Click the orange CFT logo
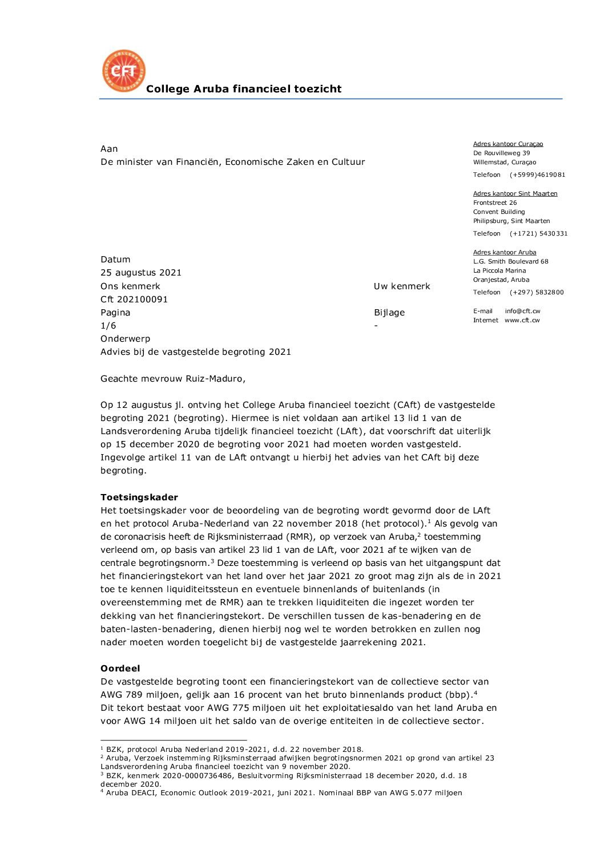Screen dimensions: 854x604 pyautogui.click(x=123, y=71)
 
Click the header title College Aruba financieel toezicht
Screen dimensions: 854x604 pyautogui.click(x=244, y=89)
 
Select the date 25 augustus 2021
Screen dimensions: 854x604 pyautogui.click(x=141, y=273)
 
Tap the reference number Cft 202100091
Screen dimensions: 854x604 pyautogui.click(x=134, y=299)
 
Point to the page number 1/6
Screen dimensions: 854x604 pyautogui.click(x=108, y=326)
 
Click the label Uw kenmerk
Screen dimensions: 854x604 pyautogui.click(x=402, y=286)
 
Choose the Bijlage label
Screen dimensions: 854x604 pyautogui.click(x=389, y=313)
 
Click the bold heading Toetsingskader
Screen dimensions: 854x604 pyautogui.click(x=139, y=497)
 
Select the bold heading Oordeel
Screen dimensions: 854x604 pyautogui.click(x=120, y=669)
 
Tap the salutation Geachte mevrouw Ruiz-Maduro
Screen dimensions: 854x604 pyautogui.click(x=173, y=379)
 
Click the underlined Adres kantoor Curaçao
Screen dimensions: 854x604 pyautogui.click(x=508, y=144)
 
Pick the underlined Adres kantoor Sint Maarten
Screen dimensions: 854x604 pyautogui.click(x=515, y=194)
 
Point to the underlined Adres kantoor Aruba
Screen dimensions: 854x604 pyautogui.click(x=505, y=253)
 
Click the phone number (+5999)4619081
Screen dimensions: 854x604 pyautogui.click(x=537, y=175)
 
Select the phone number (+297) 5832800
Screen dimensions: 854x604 pyautogui.click(x=537, y=293)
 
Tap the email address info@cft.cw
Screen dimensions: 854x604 pyautogui.click(x=522, y=311)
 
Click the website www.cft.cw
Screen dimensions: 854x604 pyautogui.click(x=522, y=321)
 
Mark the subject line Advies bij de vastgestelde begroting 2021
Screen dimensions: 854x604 pyautogui.click(x=196, y=352)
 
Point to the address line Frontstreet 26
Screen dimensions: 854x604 pyautogui.click(x=495, y=203)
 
